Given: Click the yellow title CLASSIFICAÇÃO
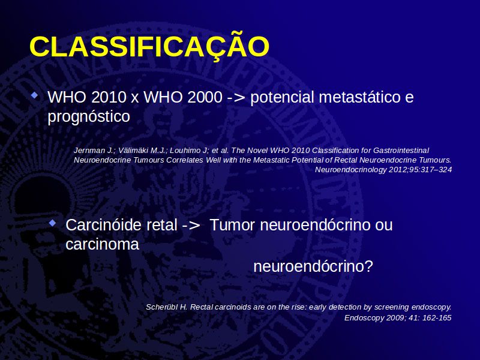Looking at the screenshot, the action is click(149, 47).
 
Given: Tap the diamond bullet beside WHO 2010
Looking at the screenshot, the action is click(35, 95).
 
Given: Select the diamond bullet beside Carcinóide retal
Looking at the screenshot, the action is click(53, 223).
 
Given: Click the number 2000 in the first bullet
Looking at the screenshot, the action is click(205, 97).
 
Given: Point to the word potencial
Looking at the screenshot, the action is click(282, 97).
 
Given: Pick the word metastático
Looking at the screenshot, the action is click(359, 97).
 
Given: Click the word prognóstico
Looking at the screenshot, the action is click(89, 116).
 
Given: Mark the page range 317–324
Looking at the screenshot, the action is click(436, 170).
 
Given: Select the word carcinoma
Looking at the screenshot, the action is click(102, 245).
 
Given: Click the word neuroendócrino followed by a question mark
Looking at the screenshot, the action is click(313, 266).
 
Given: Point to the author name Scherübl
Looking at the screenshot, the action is click(161, 307).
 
